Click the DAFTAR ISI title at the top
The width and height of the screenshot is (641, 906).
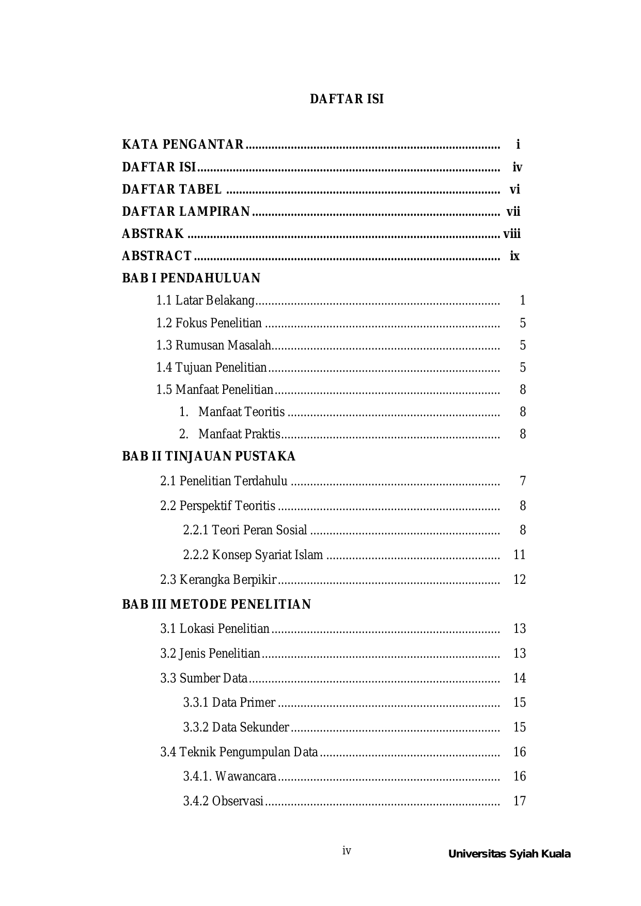347,99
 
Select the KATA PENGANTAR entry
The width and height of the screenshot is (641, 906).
182,145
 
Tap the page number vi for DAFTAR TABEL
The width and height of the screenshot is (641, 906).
514,189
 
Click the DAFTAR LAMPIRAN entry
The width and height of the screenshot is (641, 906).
186,212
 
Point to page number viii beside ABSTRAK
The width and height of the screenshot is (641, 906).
512,234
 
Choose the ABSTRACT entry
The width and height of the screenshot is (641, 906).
157,256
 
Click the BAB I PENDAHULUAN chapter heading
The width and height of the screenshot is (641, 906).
191,278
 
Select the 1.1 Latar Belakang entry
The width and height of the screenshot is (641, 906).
205,300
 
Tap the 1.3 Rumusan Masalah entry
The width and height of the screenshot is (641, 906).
213,345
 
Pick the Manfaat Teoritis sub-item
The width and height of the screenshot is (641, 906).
241,412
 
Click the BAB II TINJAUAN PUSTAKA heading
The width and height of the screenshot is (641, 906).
209,456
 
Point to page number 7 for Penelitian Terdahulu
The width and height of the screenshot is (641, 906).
523,481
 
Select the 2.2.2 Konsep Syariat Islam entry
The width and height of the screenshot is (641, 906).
253,555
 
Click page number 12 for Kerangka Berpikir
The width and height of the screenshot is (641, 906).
520,580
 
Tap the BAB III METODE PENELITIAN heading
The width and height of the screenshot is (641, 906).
216,605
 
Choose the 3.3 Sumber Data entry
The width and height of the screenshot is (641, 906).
204,678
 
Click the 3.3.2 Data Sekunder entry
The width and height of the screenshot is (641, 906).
236,727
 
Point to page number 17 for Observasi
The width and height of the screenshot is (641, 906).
520,801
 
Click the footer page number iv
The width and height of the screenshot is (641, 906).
347,851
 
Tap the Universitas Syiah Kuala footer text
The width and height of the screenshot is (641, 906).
509,854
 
